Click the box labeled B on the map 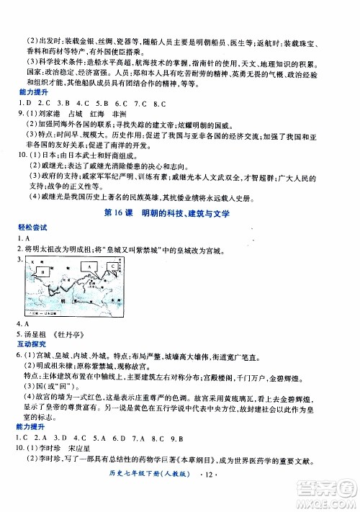tap(42, 272)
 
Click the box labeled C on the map tap(112, 266)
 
